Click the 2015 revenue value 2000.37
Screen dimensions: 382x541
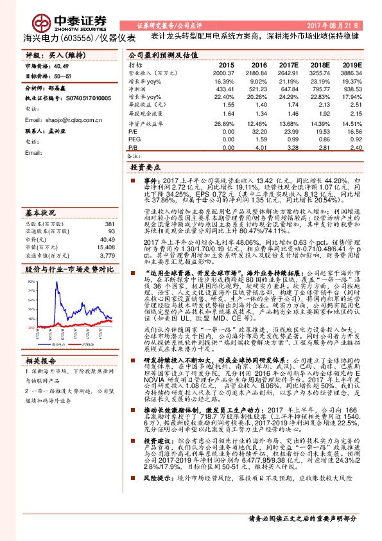click(225, 74)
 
